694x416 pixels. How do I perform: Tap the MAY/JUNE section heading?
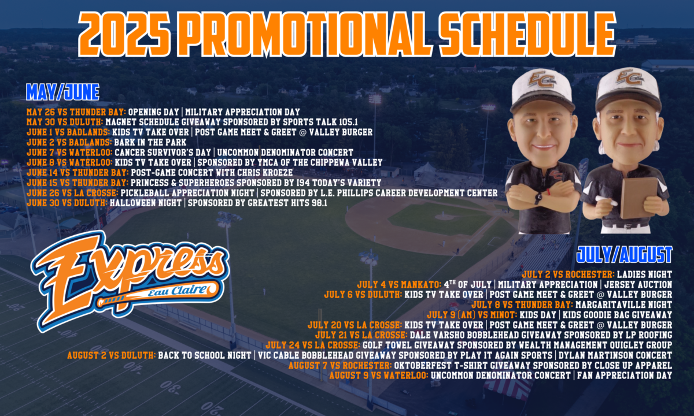click(x=62, y=92)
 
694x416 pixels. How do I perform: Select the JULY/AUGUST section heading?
click(x=624, y=254)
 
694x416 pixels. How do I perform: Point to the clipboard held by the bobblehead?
click(x=638, y=196)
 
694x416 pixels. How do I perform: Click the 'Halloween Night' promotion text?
click(x=145, y=203)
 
